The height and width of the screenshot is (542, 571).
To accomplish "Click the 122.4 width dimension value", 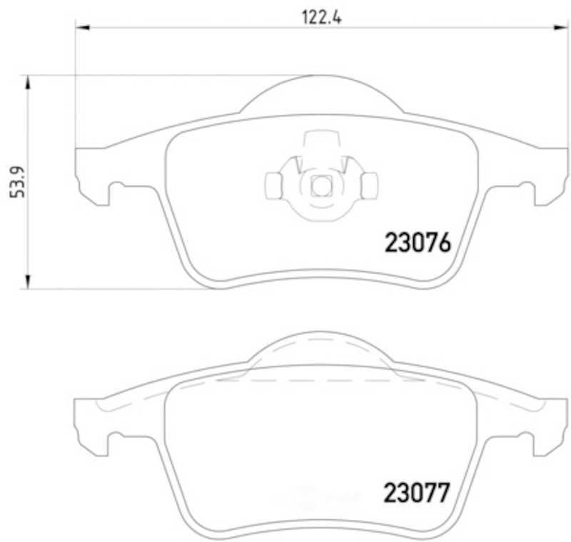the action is [x=322, y=17].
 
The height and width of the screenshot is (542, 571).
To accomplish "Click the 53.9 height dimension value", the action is [x=17, y=182].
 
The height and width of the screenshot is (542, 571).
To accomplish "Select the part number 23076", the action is [x=418, y=242].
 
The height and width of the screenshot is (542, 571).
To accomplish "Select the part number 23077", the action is [x=417, y=493].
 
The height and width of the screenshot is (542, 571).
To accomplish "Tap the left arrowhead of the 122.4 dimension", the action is [x=82, y=27].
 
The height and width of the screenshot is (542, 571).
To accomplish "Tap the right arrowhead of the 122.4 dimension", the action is [x=561, y=27].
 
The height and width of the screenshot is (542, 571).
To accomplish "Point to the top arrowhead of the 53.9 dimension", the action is [x=27, y=83].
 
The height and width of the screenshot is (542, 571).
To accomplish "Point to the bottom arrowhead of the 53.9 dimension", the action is [x=27, y=282].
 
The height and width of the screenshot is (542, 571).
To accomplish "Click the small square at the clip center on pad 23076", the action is [x=321, y=186].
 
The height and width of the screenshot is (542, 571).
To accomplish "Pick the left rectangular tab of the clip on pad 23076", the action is [x=273, y=186].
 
